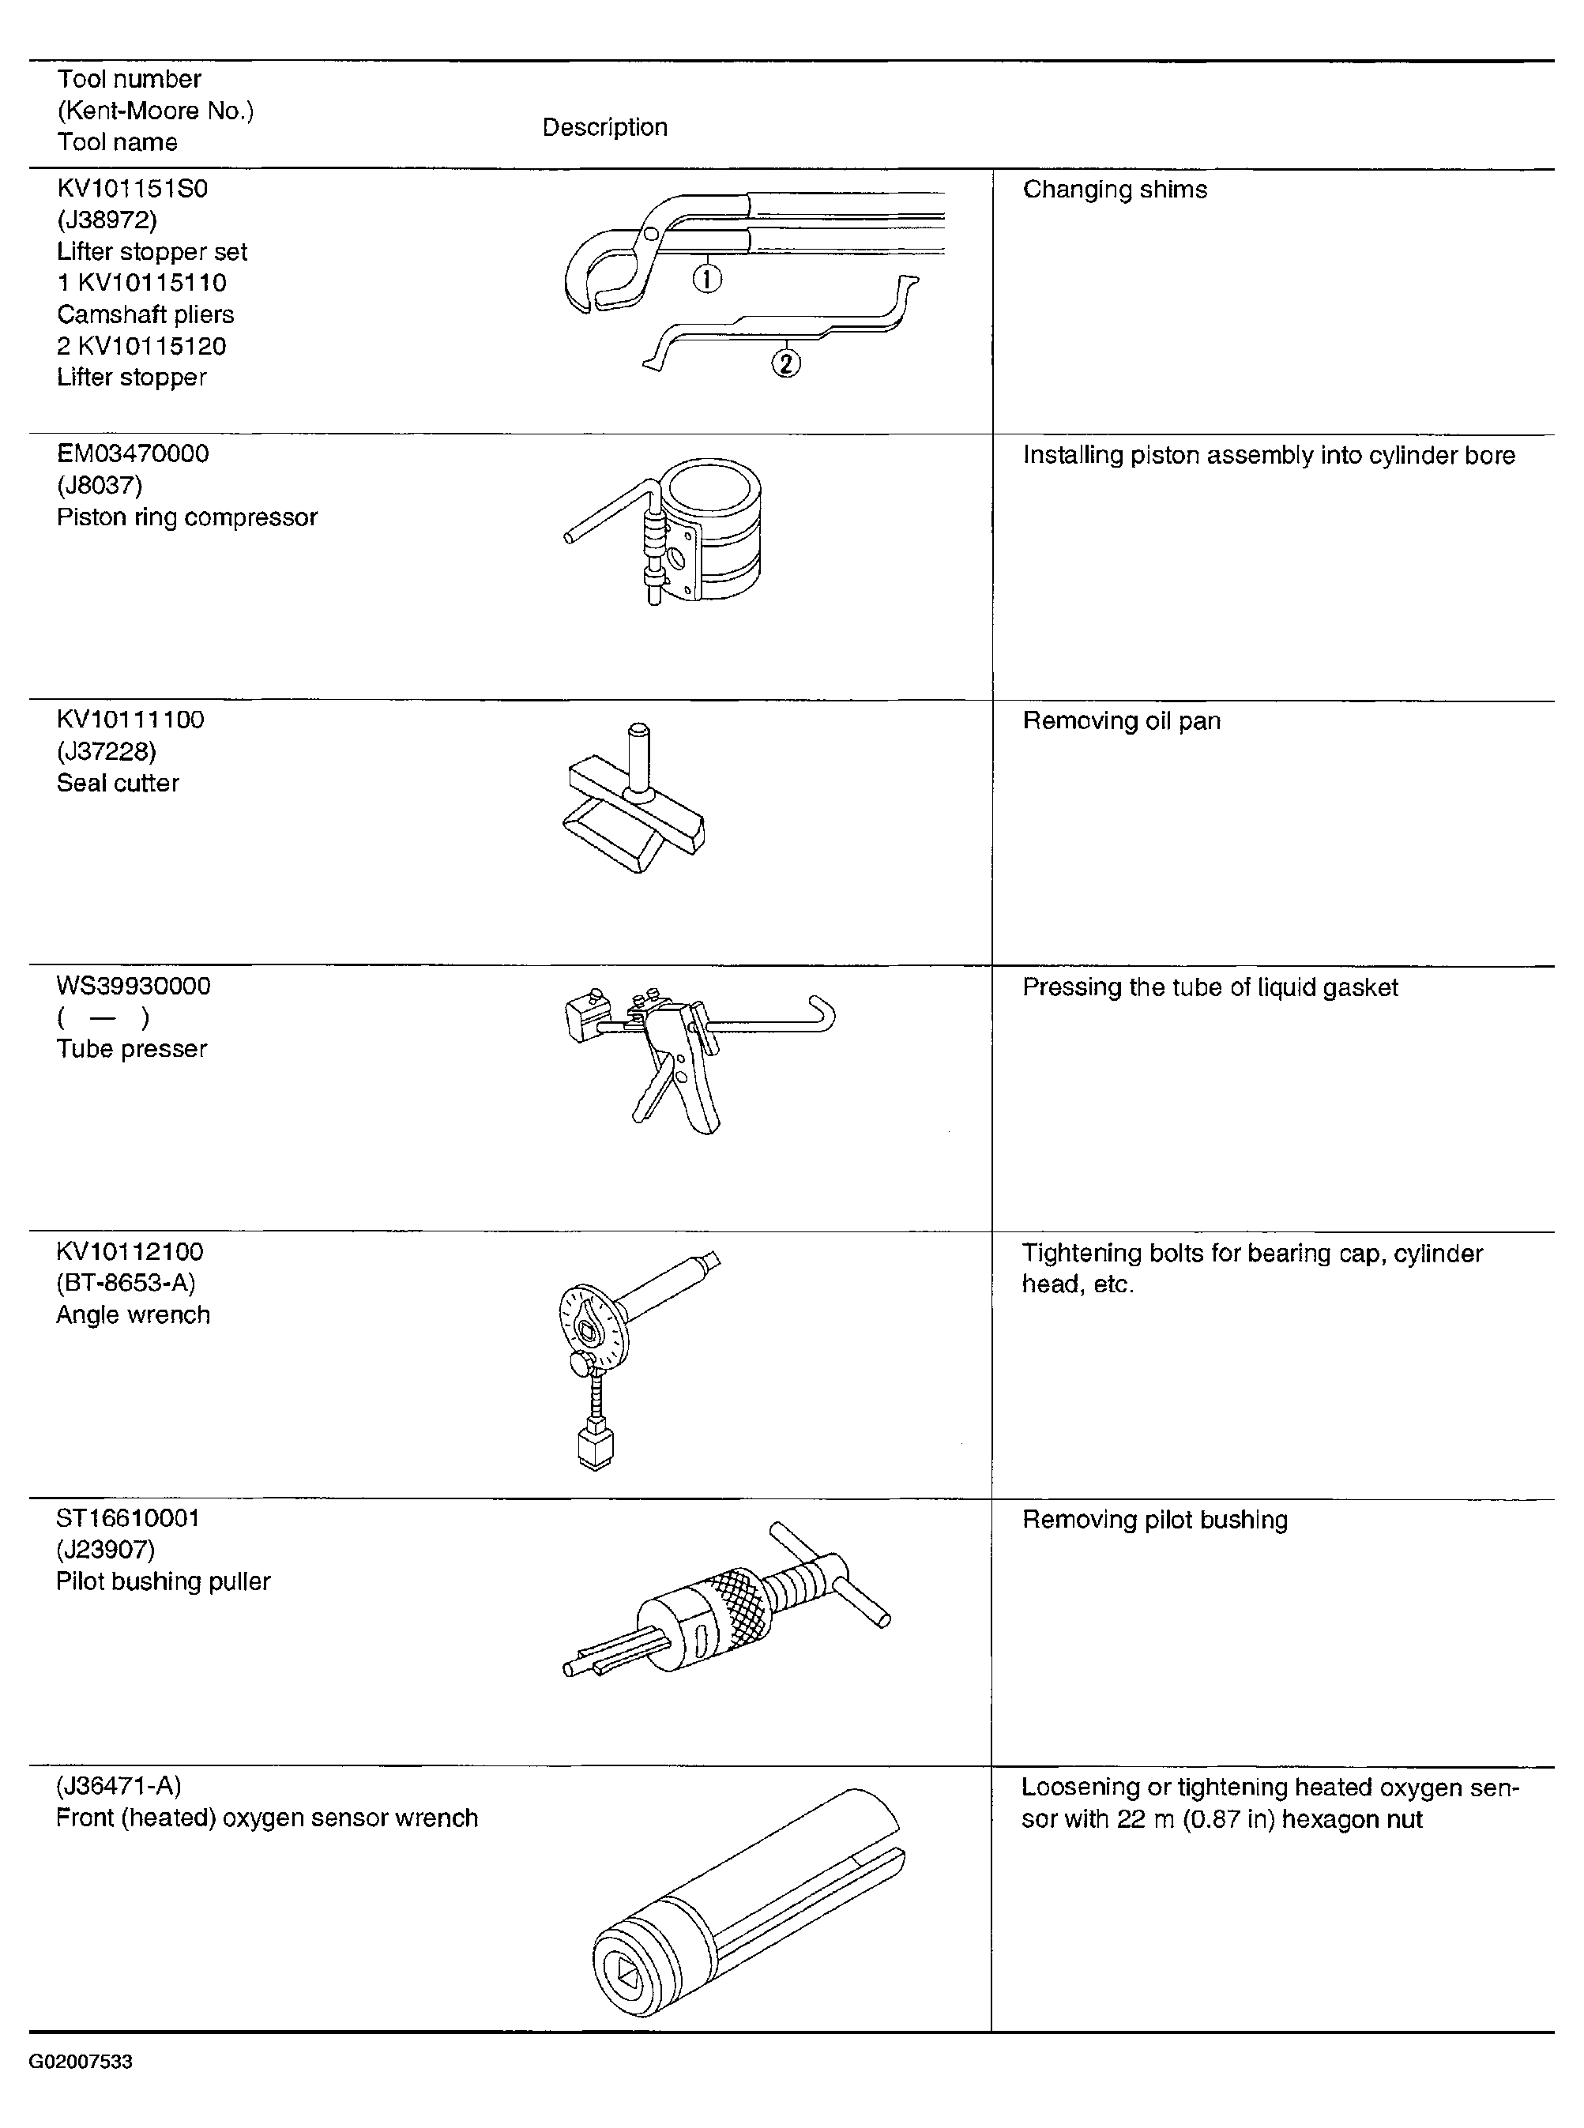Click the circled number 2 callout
click(x=785, y=363)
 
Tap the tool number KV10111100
click(x=130, y=720)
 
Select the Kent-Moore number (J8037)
click(x=100, y=485)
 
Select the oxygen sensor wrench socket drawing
click(x=748, y=1908)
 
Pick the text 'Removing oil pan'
click(x=1122, y=721)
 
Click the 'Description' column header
click(x=605, y=127)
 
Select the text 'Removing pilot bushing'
click(x=1155, y=1521)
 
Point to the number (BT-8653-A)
click(x=126, y=1283)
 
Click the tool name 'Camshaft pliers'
click(x=145, y=314)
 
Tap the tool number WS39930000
click(x=134, y=987)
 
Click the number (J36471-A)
click(x=119, y=1786)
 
